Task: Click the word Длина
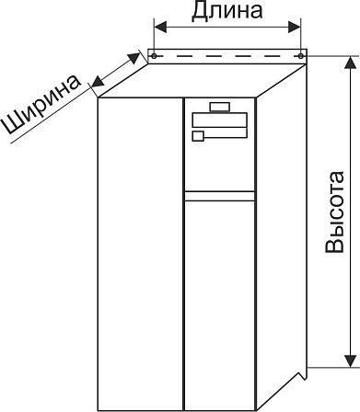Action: [226, 12]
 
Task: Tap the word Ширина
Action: [41, 105]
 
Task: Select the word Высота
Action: [335, 212]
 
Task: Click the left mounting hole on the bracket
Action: [154, 56]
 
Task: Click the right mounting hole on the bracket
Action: [301, 56]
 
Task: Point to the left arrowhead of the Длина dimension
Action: [160, 28]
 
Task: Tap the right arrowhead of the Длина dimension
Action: [295, 28]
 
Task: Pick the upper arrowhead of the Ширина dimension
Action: [134, 57]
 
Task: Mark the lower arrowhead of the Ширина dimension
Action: [99, 81]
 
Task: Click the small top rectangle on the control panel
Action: [220, 107]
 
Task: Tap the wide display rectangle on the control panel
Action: [220, 120]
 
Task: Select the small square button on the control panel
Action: [198, 136]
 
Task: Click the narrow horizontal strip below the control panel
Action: [220, 196]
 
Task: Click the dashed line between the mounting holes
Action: [227, 56]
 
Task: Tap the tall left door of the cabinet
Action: [140, 254]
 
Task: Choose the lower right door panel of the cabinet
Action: [220, 305]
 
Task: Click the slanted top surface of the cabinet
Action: [202, 81]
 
